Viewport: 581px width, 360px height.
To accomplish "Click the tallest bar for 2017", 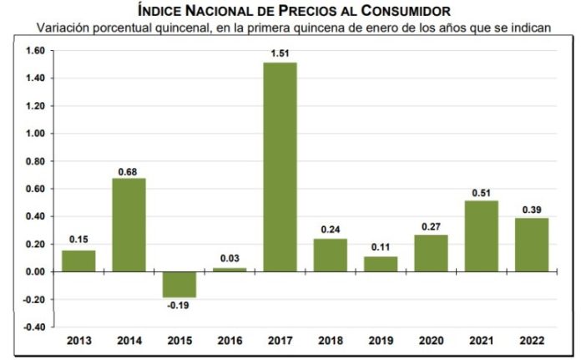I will (x=280, y=167).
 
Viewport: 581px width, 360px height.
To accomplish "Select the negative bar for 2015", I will (x=179, y=285).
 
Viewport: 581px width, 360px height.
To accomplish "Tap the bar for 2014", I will (x=129, y=225).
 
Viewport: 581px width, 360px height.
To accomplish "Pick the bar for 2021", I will (x=481, y=236).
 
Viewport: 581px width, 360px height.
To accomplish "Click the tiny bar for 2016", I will (x=230, y=270).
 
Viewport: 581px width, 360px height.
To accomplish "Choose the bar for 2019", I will (x=381, y=264).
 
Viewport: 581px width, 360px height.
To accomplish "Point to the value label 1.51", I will (x=280, y=54).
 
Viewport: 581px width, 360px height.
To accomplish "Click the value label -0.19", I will (x=179, y=307).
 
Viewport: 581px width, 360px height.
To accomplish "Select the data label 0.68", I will (x=129, y=170).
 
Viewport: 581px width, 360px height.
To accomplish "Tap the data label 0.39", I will (x=531, y=209).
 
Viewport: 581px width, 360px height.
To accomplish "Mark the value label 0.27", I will (x=431, y=226).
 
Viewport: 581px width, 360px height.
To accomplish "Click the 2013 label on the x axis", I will (x=78, y=341).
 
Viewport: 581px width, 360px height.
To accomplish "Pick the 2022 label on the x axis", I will (x=531, y=341).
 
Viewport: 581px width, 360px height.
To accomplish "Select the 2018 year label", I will (x=330, y=341).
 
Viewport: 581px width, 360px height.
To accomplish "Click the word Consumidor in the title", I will (x=402, y=10).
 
